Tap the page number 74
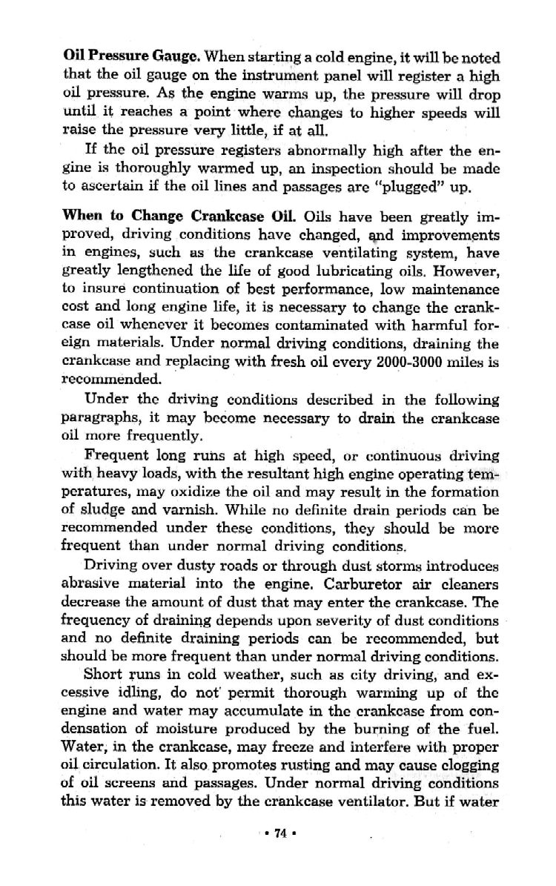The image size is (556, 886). click(x=279, y=833)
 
